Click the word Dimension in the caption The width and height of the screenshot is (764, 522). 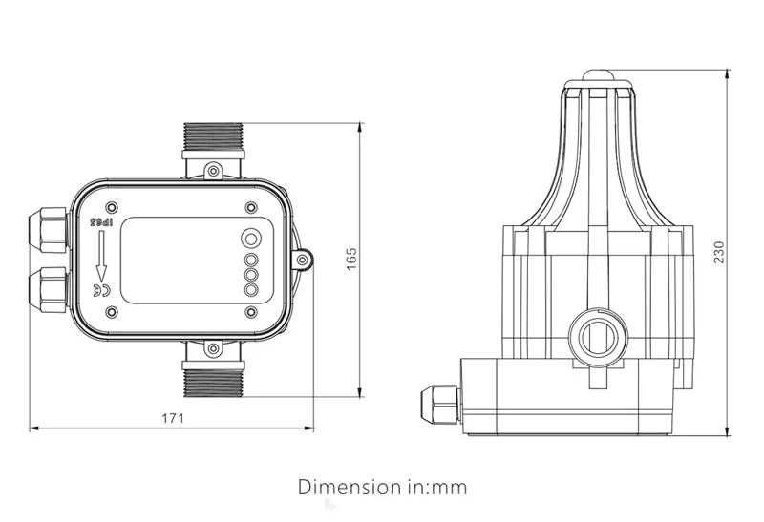346,487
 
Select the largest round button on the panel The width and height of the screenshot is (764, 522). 252,239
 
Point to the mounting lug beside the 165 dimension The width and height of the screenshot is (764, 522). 305,258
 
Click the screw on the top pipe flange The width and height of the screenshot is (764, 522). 214,171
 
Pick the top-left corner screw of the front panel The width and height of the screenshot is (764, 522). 114,206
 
